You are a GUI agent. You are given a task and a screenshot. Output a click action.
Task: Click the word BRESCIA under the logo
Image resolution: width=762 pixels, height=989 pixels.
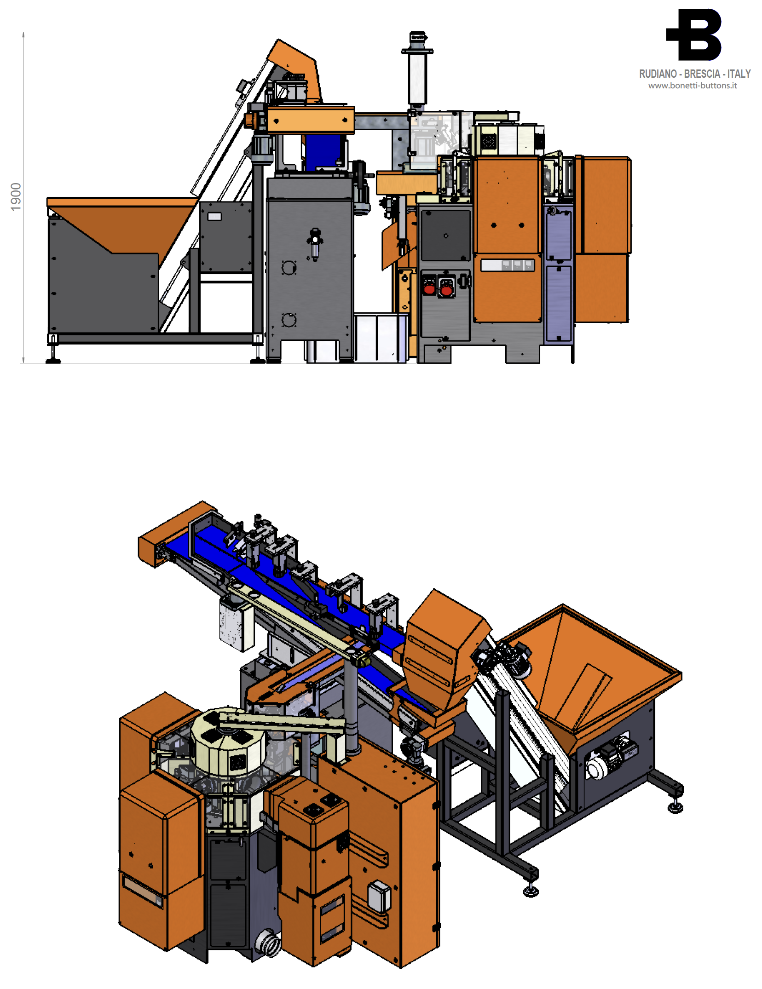pyautogui.click(x=702, y=74)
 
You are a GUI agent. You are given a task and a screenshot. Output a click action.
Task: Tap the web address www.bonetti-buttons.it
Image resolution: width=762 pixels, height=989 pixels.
pyautogui.click(x=692, y=86)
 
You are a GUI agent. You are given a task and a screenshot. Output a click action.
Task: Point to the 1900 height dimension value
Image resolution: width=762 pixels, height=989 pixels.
pyautogui.click(x=16, y=197)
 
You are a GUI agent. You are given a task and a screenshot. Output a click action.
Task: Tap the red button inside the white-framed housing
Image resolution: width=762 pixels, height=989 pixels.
pyautogui.click(x=446, y=289)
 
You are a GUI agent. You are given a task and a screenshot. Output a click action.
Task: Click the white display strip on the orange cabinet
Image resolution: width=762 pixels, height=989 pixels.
pyautogui.click(x=507, y=264)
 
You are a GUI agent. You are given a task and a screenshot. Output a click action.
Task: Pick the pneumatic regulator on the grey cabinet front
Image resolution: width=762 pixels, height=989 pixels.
pyautogui.click(x=315, y=244)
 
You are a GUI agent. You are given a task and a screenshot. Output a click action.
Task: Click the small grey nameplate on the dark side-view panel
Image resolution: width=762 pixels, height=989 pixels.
pyautogui.click(x=214, y=216)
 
